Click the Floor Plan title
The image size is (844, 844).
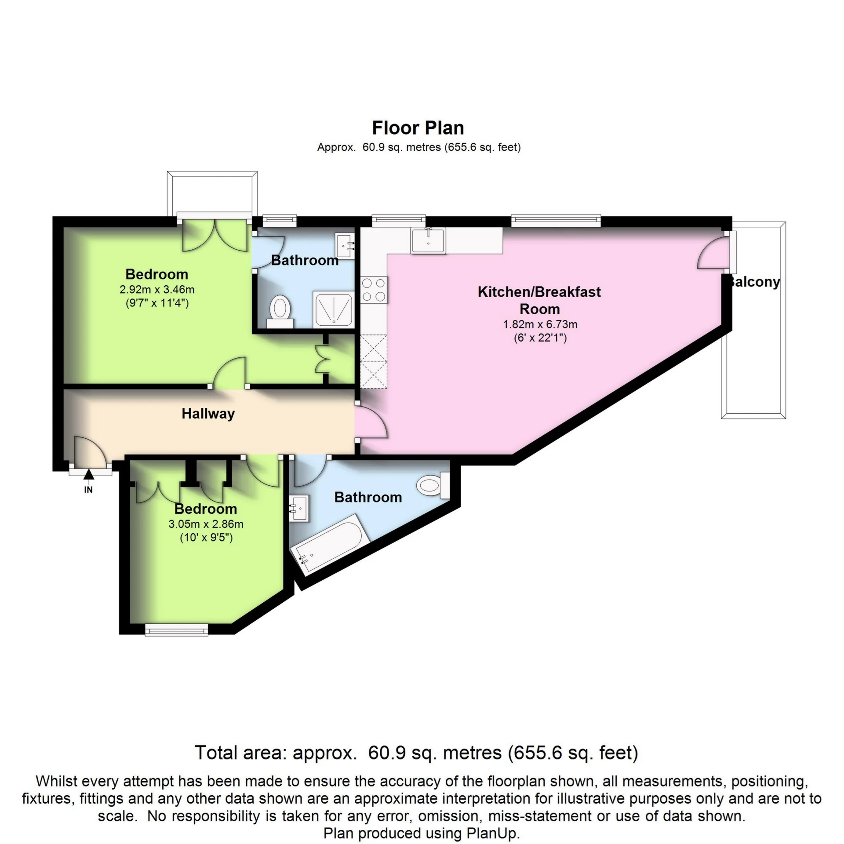[418, 128]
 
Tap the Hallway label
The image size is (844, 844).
[208, 414]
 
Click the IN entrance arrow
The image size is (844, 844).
[89, 474]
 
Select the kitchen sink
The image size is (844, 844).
[428, 240]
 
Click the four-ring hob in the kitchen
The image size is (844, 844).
[374, 290]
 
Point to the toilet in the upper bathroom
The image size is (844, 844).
[280, 310]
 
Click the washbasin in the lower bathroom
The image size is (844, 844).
[300, 508]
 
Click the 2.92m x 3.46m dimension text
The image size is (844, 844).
[157, 290]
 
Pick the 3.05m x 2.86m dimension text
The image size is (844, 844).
[206, 524]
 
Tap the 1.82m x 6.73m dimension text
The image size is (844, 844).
[540, 325]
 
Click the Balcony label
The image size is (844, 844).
[754, 282]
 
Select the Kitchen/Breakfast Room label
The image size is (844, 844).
[539, 300]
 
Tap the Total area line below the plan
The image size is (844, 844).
[416, 753]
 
